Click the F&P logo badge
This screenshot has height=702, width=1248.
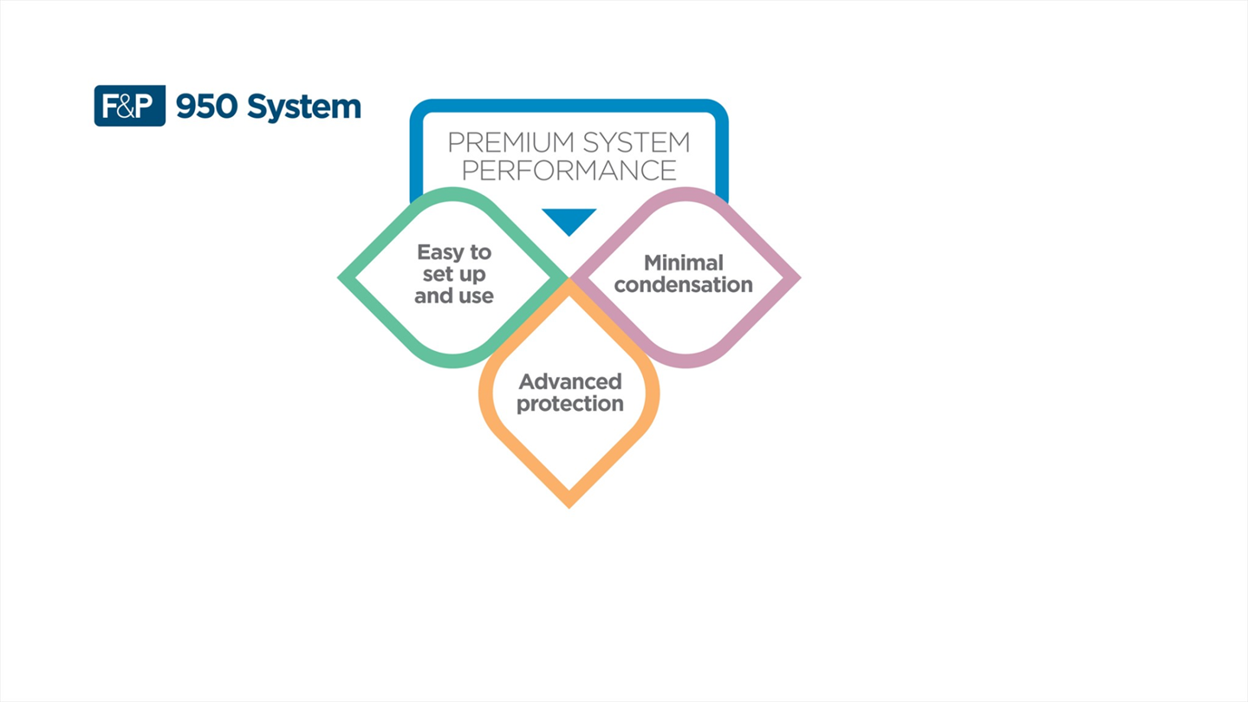pyautogui.click(x=129, y=106)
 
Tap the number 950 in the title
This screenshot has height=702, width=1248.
pyautogui.click(x=207, y=107)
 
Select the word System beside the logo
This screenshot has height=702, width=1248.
pyautogui.click(x=303, y=107)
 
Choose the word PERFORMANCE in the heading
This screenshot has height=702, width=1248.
pyautogui.click(x=569, y=170)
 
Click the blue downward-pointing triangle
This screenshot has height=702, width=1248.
pyautogui.click(x=569, y=219)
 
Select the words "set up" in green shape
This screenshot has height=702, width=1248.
pyautogui.click(x=454, y=274)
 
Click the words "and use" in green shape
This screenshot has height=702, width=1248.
pyautogui.click(x=454, y=296)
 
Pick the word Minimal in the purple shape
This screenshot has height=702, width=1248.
pyautogui.click(x=683, y=262)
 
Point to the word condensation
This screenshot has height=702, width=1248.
pyautogui.click(x=683, y=284)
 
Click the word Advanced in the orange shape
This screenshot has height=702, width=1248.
pyautogui.click(x=569, y=381)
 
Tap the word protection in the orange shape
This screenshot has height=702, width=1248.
pyautogui.click(x=569, y=404)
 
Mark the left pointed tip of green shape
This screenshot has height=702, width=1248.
pyautogui.click(x=341, y=278)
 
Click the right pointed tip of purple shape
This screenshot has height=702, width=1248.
pyautogui.click(x=797, y=278)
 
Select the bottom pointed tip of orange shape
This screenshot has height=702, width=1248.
pyautogui.click(x=569, y=504)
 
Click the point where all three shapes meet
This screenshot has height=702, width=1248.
pyautogui.click(x=569, y=279)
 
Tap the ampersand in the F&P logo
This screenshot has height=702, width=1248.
pyautogui.click(x=129, y=107)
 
